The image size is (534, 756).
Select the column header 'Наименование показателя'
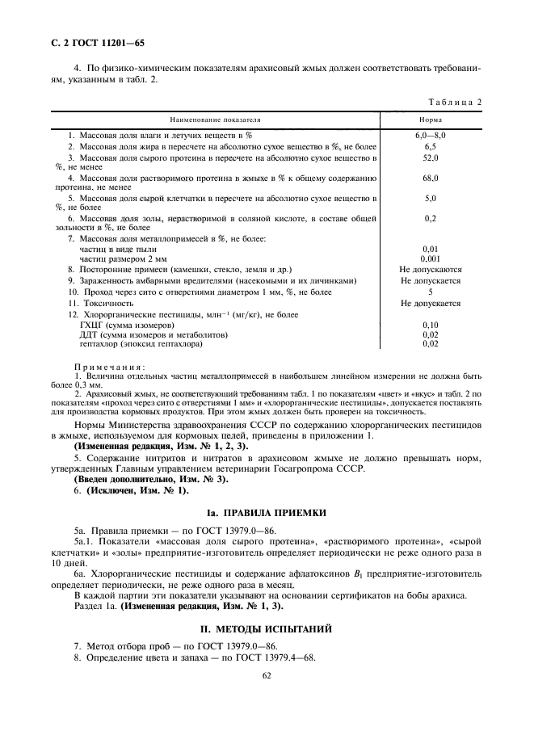[215, 120]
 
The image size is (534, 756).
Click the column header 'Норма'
[430, 120]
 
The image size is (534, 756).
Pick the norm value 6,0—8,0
[430, 135]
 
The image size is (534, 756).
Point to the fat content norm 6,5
[430, 146]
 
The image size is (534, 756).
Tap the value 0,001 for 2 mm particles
[430, 258]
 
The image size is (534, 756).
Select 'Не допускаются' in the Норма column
[430, 269]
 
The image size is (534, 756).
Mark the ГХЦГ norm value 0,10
[430, 325]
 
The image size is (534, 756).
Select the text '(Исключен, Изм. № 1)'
[131, 490]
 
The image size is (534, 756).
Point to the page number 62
[267, 678]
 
